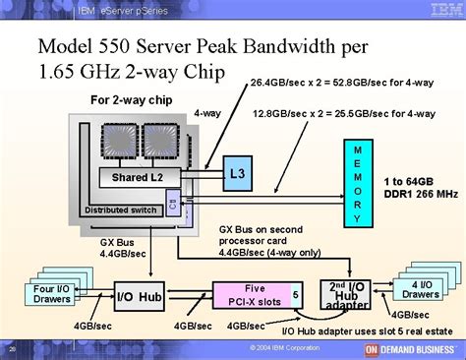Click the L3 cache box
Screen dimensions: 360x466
click(x=236, y=173)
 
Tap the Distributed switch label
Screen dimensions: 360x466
click(x=121, y=210)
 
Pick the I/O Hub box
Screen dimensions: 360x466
click(x=139, y=296)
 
